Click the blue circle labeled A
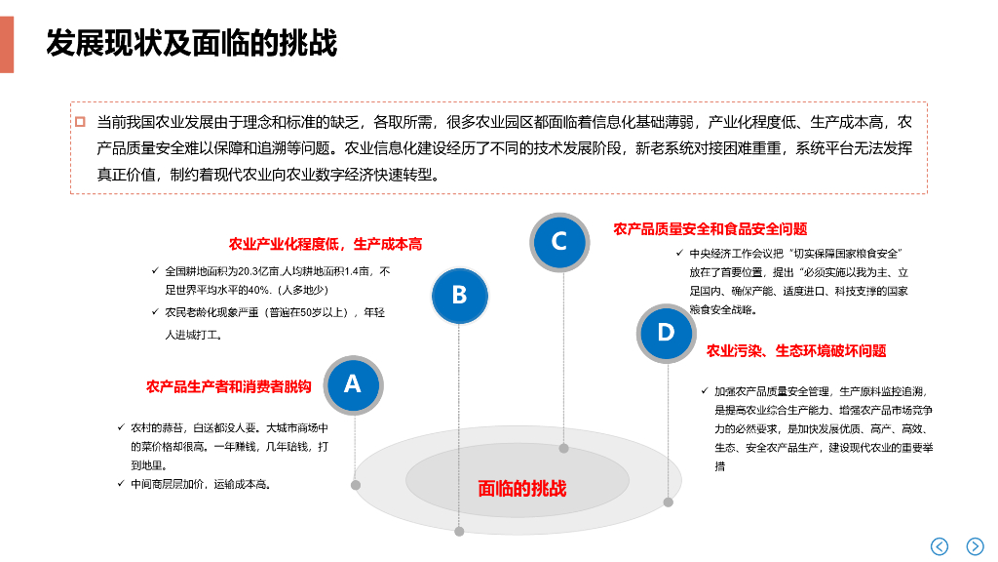pyautogui.click(x=352, y=384)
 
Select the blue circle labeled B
pyautogui.click(x=459, y=295)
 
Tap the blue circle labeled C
pyautogui.click(x=559, y=241)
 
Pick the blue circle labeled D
pyautogui.click(x=666, y=333)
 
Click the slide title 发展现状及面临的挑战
pyautogui.click(x=191, y=44)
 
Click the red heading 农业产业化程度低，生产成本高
pyautogui.click(x=326, y=244)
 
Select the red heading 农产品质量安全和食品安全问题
pyautogui.click(x=710, y=229)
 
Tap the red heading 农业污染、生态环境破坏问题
pyautogui.click(x=796, y=351)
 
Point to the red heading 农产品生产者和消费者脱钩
pyautogui.click(x=229, y=387)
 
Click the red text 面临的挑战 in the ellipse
pyautogui.click(x=521, y=489)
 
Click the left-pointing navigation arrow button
pyautogui.click(x=940, y=546)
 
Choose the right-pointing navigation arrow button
pyautogui.click(x=975, y=546)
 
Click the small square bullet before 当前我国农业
pyautogui.click(x=81, y=123)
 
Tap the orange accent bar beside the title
pyautogui.click(x=7, y=44)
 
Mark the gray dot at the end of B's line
pyautogui.click(x=459, y=531)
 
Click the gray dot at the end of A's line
pyautogui.click(x=356, y=485)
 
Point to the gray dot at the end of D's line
pyautogui.click(x=669, y=502)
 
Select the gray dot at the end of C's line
pyautogui.click(x=563, y=449)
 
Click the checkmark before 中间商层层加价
pyautogui.click(x=120, y=484)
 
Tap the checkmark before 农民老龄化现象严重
pyautogui.click(x=155, y=312)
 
